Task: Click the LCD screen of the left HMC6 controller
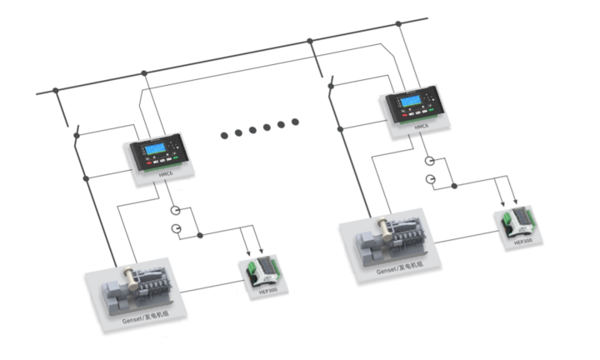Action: click(157, 151)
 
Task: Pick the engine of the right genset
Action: click(393, 242)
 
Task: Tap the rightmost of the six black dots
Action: click(295, 123)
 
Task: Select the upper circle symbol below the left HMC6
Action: click(176, 210)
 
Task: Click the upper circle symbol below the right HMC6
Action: click(428, 161)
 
